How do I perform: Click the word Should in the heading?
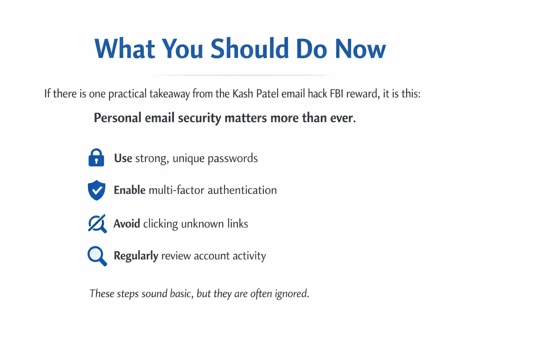click(x=250, y=48)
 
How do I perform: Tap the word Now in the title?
click(x=360, y=48)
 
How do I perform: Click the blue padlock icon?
click(x=96, y=157)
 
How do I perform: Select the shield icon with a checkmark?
click(x=96, y=190)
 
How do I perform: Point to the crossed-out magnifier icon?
click(x=97, y=224)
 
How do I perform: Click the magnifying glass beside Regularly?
click(x=97, y=256)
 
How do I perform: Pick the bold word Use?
click(x=123, y=158)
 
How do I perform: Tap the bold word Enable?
click(x=129, y=190)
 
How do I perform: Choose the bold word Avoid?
click(x=127, y=224)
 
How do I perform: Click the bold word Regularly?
click(x=136, y=256)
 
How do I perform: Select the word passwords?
click(x=233, y=159)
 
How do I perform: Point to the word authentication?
click(x=242, y=190)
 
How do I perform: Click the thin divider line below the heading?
click(x=243, y=75)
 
